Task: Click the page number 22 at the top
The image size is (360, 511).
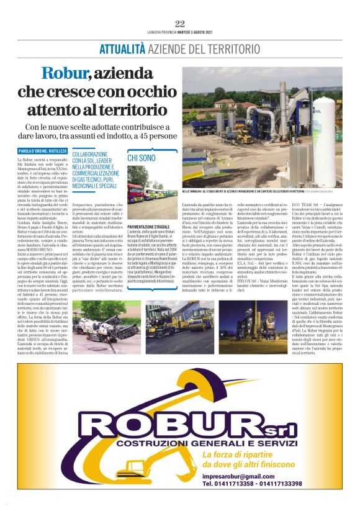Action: click(x=180, y=24)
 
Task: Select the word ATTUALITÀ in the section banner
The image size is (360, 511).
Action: click(x=122, y=48)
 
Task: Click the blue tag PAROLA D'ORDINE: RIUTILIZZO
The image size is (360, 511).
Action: click(x=42, y=151)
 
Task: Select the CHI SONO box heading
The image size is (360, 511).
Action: click(x=142, y=158)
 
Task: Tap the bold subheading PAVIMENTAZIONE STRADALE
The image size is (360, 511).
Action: click(x=153, y=228)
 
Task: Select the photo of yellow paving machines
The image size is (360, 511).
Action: click(x=164, y=319)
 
